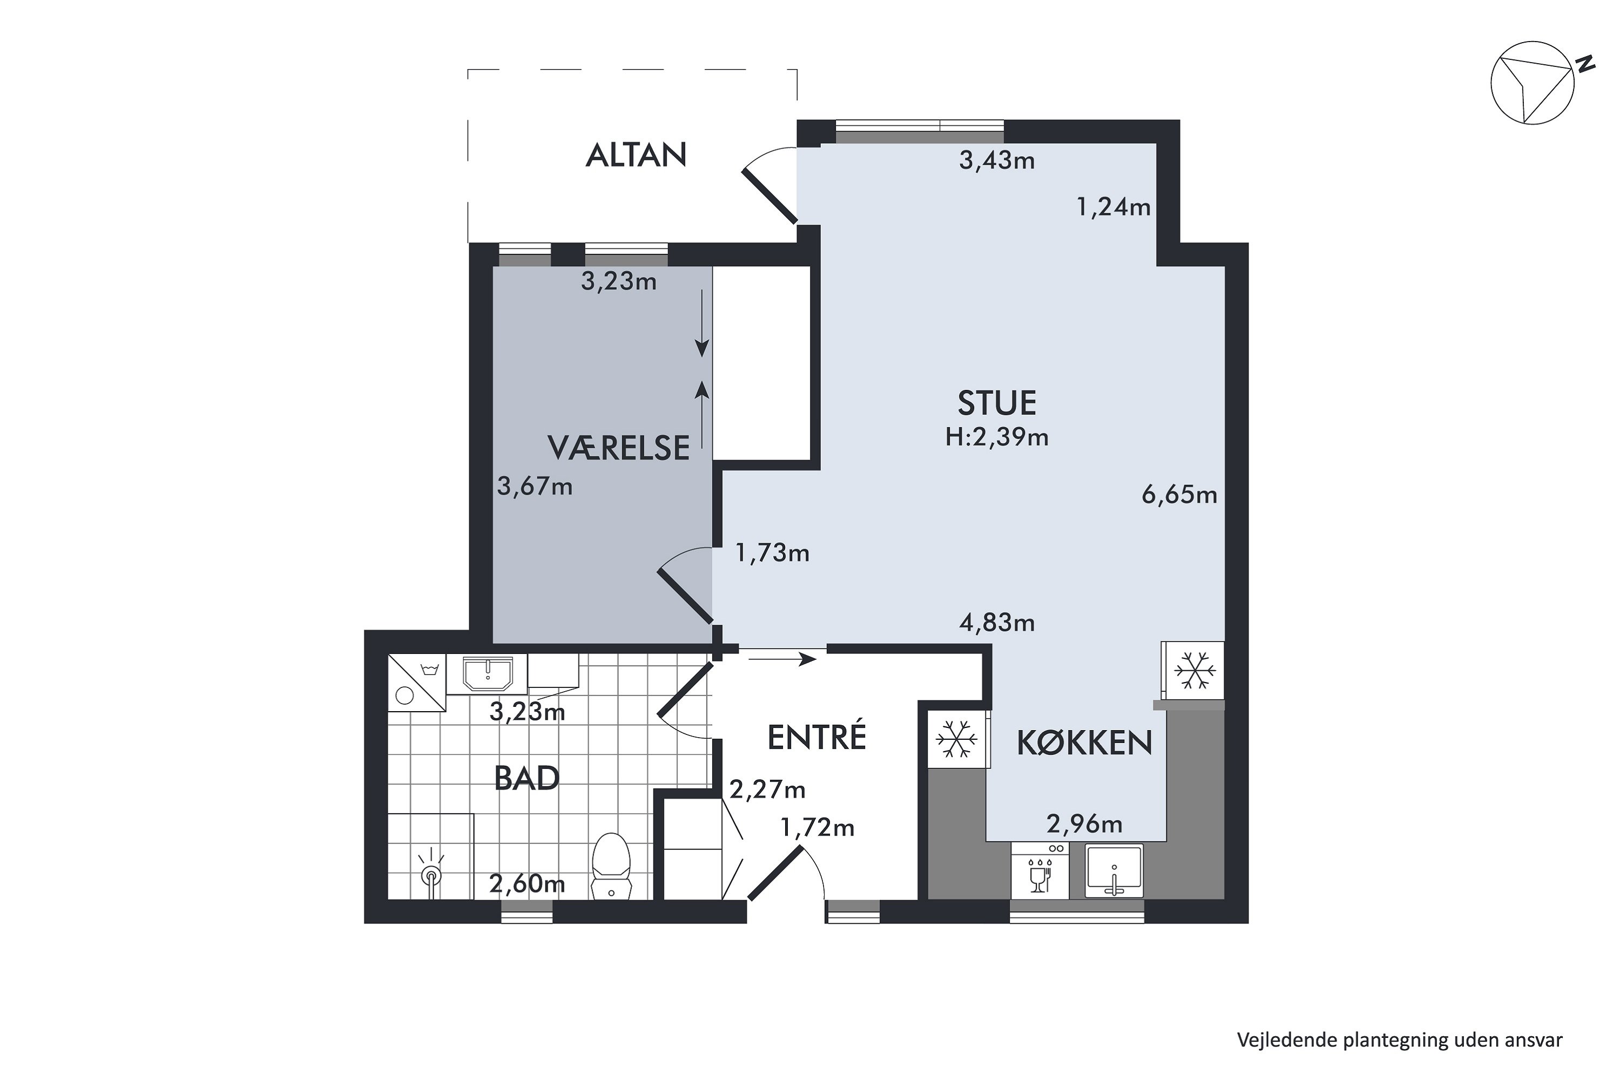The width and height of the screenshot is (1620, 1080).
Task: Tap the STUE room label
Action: (997, 403)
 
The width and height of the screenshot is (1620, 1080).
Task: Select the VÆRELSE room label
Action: (618, 448)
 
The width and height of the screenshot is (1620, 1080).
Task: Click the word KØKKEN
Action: (1084, 743)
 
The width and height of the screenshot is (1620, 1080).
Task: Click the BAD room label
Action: (527, 779)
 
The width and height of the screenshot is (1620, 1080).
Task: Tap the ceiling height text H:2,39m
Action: (997, 437)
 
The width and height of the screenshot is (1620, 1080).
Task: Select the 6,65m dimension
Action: (1179, 495)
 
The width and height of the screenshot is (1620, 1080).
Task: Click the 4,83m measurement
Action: (997, 623)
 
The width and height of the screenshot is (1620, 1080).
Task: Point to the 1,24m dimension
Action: (1113, 207)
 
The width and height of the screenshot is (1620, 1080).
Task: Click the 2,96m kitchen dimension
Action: (1084, 824)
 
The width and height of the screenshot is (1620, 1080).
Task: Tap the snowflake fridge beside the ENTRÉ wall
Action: (957, 740)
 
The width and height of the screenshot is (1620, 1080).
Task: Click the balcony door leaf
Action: (769, 195)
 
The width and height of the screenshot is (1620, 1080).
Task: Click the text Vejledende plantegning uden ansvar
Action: (1400, 1040)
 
